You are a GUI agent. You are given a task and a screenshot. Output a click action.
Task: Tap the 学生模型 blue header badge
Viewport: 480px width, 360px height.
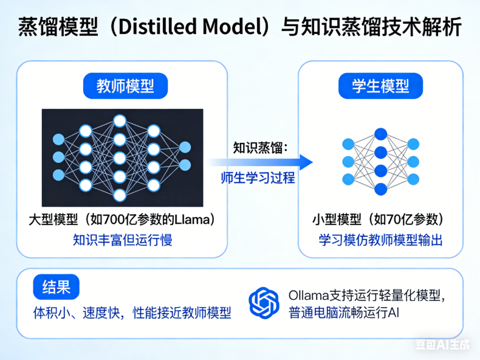(x=380, y=86)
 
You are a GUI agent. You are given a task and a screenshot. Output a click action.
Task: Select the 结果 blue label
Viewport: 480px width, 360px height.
(x=56, y=288)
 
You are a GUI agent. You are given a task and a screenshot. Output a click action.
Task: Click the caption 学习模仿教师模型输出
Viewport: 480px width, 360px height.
(x=380, y=240)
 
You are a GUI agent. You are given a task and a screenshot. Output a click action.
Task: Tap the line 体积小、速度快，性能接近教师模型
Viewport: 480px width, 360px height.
(x=132, y=313)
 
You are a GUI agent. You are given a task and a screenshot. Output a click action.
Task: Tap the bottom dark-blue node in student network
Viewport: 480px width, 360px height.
(x=380, y=189)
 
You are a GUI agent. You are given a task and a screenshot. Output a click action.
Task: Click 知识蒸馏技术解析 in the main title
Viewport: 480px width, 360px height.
(x=377, y=27)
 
